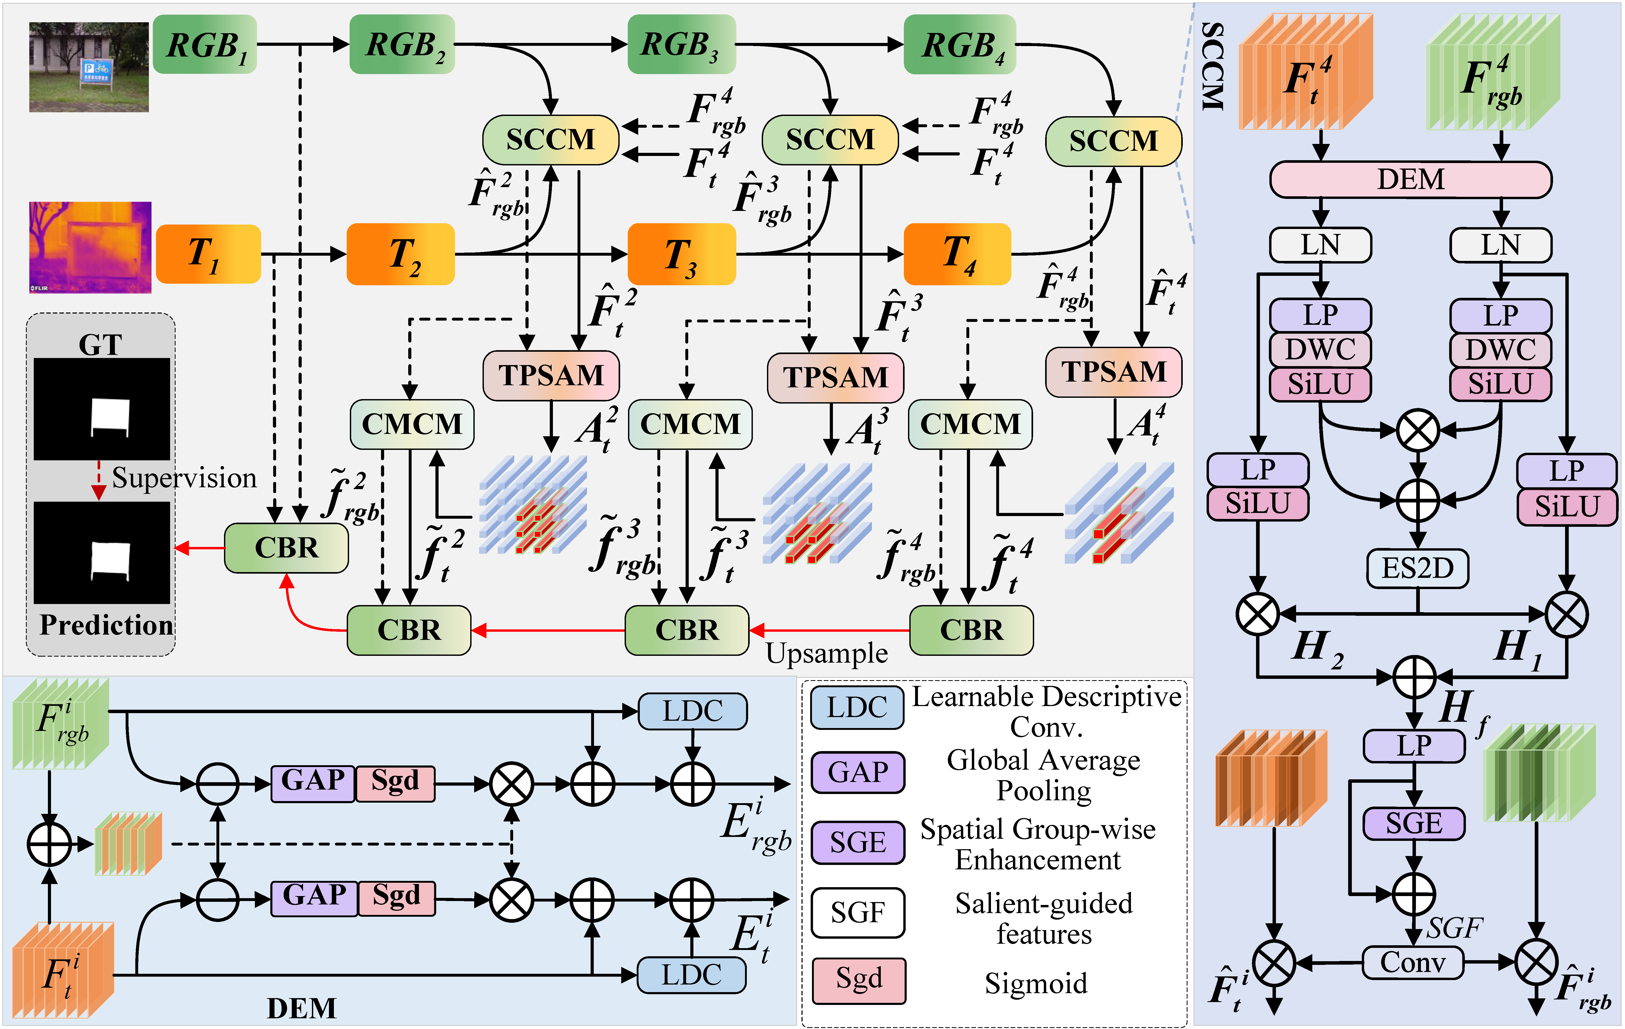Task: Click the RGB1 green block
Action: [204, 44]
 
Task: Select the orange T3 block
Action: [682, 254]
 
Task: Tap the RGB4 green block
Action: [960, 44]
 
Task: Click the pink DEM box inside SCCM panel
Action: [1410, 180]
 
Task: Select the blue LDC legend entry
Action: [857, 707]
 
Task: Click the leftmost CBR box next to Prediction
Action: [286, 548]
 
